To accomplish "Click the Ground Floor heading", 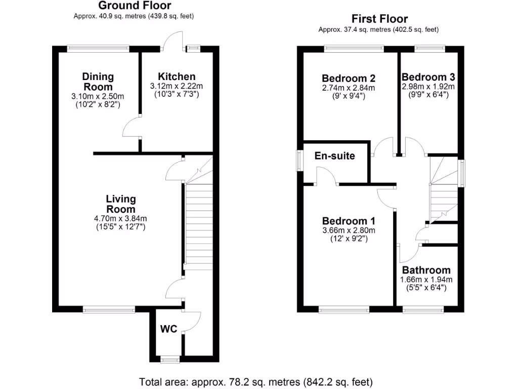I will pyautogui.click(x=134, y=6).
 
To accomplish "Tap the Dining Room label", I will pyautogui.click(x=98, y=82).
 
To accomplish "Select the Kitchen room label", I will pyautogui.click(x=176, y=77).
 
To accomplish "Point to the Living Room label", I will pyautogui.click(x=120, y=204).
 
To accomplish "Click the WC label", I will pyautogui.click(x=168, y=329).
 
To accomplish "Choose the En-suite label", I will pyautogui.click(x=334, y=155).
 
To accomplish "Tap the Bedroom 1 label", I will pyautogui.click(x=349, y=221).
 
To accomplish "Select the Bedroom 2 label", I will pyautogui.click(x=349, y=79).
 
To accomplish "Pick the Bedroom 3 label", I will pyautogui.click(x=428, y=77).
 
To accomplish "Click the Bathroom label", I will pyautogui.click(x=426, y=270).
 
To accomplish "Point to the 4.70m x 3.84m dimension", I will pyautogui.click(x=120, y=219).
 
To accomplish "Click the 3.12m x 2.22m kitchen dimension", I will pyautogui.click(x=176, y=87).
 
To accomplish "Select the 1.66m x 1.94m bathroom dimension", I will pyautogui.click(x=426, y=280).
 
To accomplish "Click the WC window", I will pyautogui.click(x=169, y=360).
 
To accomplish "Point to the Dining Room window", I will pyautogui.click(x=99, y=49).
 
